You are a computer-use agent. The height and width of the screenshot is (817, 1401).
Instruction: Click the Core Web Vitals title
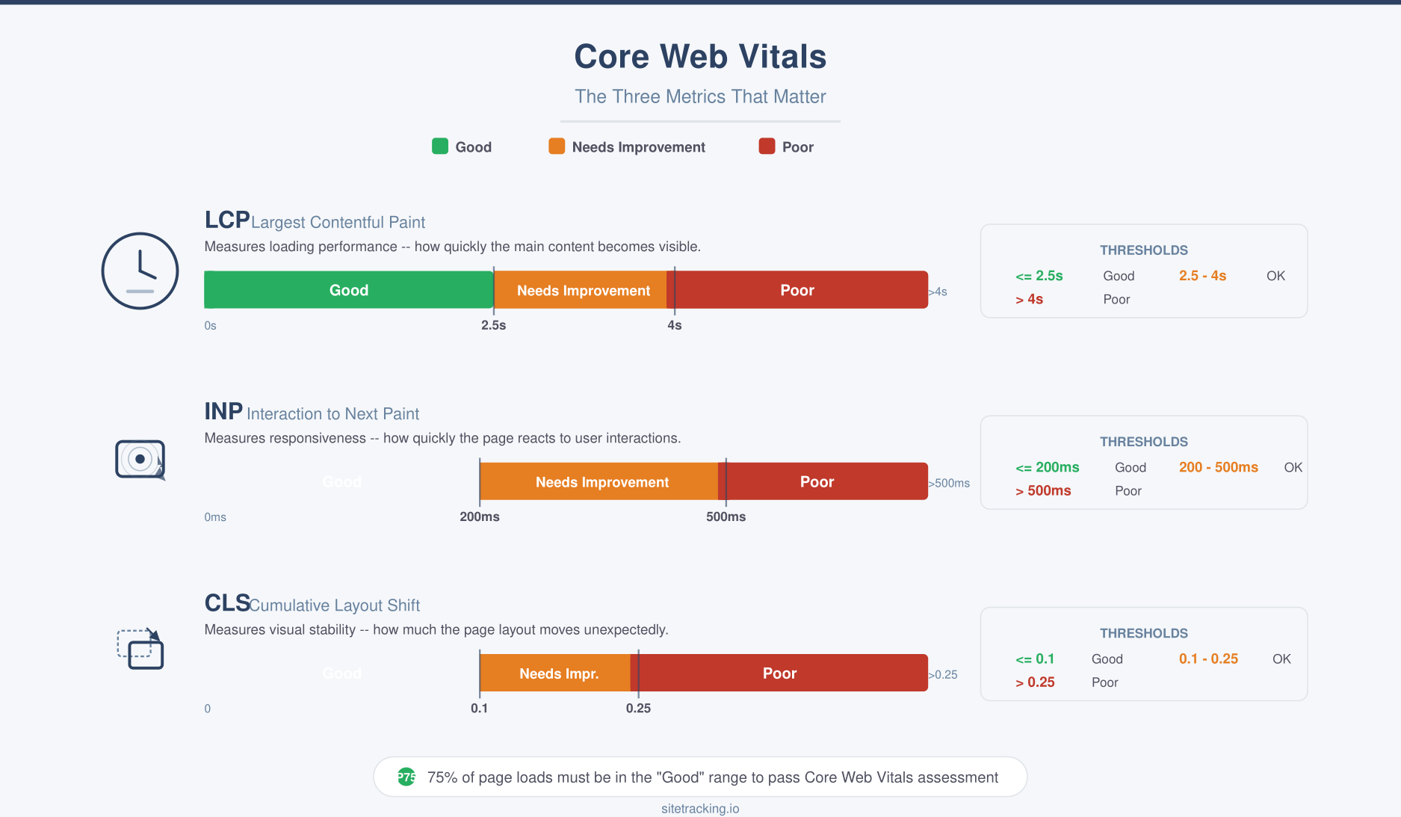click(700, 57)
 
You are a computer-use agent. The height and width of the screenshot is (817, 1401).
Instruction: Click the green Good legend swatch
click(440, 147)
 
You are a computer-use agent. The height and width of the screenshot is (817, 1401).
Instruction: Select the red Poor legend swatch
click(767, 147)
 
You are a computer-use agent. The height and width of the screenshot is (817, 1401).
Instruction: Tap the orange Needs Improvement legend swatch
click(557, 147)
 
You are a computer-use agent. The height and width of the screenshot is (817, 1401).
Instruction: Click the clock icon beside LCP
click(140, 271)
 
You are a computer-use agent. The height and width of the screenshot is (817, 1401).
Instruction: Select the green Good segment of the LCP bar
click(348, 290)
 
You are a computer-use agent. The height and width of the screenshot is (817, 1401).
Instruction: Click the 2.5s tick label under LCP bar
click(493, 325)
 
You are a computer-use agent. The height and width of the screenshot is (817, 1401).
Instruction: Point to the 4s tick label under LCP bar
click(674, 325)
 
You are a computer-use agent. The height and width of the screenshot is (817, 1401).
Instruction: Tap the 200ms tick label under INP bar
click(479, 517)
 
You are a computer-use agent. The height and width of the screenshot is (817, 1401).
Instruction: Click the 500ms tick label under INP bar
click(726, 517)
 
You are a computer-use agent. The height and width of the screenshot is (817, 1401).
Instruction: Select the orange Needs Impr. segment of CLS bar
click(558, 673)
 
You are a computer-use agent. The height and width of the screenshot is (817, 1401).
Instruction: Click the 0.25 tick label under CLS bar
click(638, 708)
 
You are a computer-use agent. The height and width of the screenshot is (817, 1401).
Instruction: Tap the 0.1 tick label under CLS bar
click(479, 708)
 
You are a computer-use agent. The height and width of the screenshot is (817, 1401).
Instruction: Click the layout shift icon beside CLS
click(140, 649)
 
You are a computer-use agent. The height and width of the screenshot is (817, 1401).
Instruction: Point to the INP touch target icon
click(140, 459)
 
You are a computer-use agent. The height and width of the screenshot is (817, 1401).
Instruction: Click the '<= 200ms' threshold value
click(1047, 467)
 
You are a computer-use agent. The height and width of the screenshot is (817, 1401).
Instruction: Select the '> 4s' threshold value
click(1029, 299)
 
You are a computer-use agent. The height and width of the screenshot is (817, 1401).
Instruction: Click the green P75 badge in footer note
click(406, 777)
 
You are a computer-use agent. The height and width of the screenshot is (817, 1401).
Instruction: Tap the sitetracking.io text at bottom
click(700, 808)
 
